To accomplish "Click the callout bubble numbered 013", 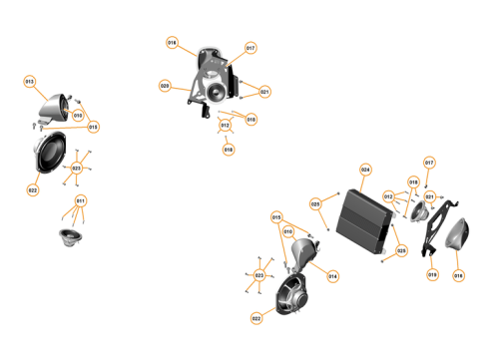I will pos(29,81).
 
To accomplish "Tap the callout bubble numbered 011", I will pos(81,200).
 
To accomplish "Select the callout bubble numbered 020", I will pos(165,86).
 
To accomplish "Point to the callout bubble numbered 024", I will pos(365,170).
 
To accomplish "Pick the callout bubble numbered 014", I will pos(332,276).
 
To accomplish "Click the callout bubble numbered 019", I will pos(433,274).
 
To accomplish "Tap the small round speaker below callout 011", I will pos(70,236).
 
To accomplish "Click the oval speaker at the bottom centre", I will pos(291,297).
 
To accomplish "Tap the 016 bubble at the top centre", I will pos(172,43).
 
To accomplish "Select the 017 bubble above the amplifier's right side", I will pos(429,162).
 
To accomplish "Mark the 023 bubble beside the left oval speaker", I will pos(76,169).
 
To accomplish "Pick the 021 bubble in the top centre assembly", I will pos(264,92).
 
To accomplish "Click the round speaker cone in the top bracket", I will pos(214,95).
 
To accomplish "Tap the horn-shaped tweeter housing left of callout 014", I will pos(305,257).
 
